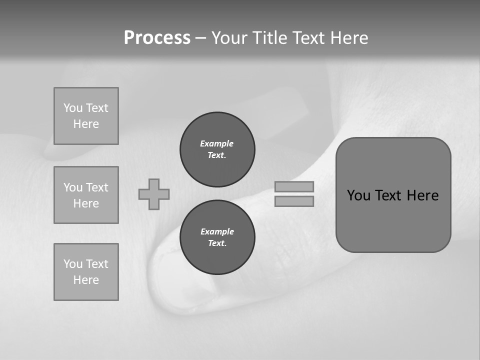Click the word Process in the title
(157, 38)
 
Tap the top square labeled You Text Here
(86, 116)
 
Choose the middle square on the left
(86, 195)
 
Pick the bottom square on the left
(86, 272)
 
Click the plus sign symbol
(154, 194)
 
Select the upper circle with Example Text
(217, 149)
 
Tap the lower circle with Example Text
(217, 237)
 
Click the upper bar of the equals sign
(294, 187)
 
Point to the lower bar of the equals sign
(294, 201)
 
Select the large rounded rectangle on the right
(393, 220)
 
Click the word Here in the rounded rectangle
(422, 195)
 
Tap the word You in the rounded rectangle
(358, 195)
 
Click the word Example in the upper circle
(217, 143)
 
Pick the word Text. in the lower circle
(217, 243)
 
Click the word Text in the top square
(97, 108)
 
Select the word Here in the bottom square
(86, 280)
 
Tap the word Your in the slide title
(230, 38)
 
